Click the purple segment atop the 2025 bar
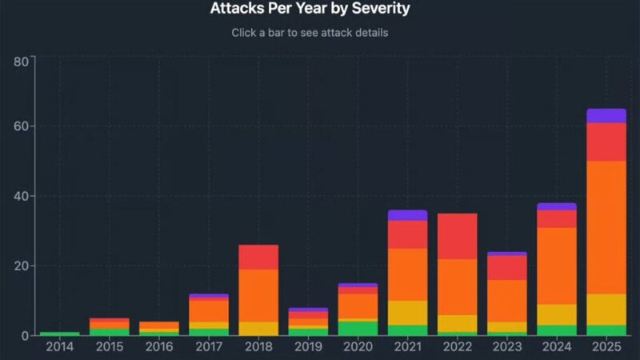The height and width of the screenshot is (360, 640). click(606, 116)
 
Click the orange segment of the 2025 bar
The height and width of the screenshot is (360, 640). click(606, 227)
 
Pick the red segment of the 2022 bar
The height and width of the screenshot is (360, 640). click(457, 236)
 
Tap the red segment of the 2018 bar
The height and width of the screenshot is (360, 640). click(258, 257)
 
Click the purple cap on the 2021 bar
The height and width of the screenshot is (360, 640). click(407, 215)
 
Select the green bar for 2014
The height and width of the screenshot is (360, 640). click(59, 333)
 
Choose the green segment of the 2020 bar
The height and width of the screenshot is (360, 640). click(358, 328)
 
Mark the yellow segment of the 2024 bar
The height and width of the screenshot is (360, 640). click(556, 314)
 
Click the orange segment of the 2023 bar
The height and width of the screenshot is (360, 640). click(506, 301)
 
